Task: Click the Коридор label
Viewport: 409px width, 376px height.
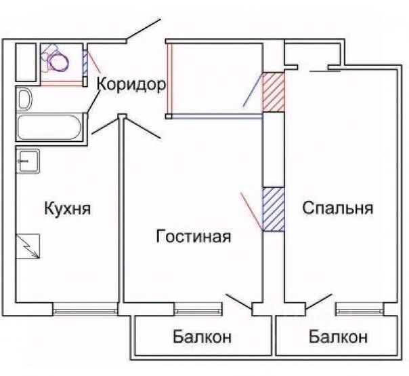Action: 131,84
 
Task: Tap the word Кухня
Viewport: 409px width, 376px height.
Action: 68,208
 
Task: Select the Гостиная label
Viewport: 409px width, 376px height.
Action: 193,236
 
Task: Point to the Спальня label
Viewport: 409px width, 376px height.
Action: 338,208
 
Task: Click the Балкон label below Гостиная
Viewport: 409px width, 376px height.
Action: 202,337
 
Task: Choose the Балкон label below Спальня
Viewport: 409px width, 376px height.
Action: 339,337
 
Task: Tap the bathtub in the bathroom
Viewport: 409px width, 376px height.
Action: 49,127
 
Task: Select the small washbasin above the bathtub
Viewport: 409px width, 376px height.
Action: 24,99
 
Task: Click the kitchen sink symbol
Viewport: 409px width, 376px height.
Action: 28,161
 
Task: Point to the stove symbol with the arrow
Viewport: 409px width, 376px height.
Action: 28,246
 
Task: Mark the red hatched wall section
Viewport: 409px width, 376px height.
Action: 274,92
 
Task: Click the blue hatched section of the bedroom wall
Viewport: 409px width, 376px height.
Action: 274,209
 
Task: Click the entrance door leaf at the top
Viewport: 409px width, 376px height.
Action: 144,29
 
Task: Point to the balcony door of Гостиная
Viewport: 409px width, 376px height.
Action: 239,301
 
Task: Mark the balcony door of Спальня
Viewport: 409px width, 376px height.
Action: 319,301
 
